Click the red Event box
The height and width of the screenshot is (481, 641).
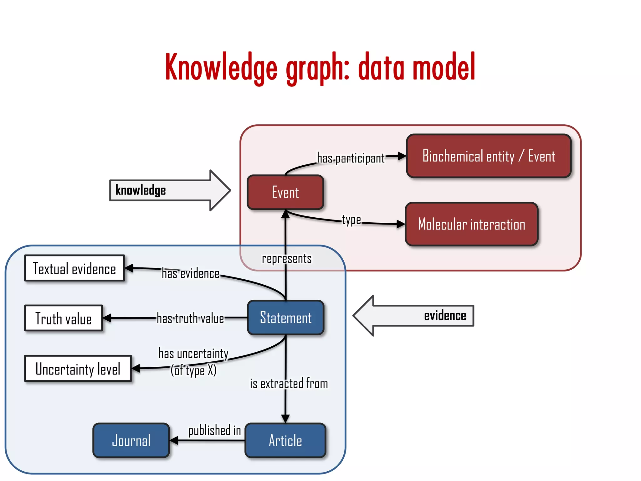click(285, 192)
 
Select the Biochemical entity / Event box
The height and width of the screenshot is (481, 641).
click(489, 156)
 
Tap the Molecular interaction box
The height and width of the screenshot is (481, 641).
click(471, 224)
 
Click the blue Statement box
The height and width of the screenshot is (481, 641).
click(285, 318)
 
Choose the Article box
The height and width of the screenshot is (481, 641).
click(285, 440)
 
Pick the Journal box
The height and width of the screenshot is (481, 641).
click(131, 440)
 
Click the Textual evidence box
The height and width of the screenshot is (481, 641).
click(74, 268)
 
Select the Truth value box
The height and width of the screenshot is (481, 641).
click(64, 318)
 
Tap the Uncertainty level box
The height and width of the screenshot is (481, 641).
click(78, 369)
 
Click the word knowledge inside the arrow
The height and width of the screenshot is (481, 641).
click(141, 190)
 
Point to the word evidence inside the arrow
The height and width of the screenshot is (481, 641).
click(445, 316)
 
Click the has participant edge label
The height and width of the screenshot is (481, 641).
click(351, 158)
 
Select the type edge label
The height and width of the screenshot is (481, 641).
click(351, 220)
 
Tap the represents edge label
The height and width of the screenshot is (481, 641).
click(287, 259)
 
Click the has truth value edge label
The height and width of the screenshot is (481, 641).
click(190, 318)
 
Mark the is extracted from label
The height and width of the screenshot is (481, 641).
click(289, 384)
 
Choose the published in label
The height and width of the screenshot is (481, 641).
click(214, 430)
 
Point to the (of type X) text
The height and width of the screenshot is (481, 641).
click(194, 371)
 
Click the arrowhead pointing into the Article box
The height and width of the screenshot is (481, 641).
click(285, 419)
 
